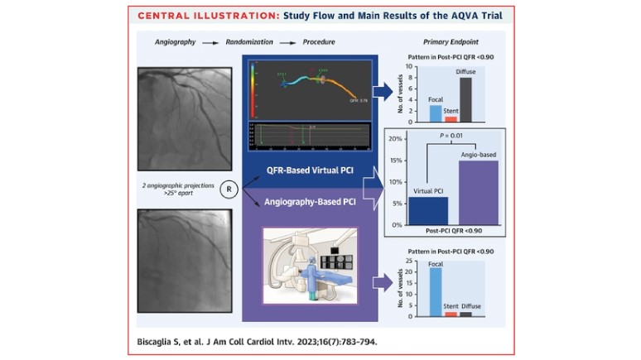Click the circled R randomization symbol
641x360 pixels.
tap(229, 190)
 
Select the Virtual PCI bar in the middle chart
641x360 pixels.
tap(427, 209)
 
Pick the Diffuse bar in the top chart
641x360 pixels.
tap(465, 99)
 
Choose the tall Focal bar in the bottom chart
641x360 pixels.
tap(435, 291)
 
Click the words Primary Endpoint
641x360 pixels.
tap(451, 40)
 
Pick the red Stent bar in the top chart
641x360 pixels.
tap(451, 118)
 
